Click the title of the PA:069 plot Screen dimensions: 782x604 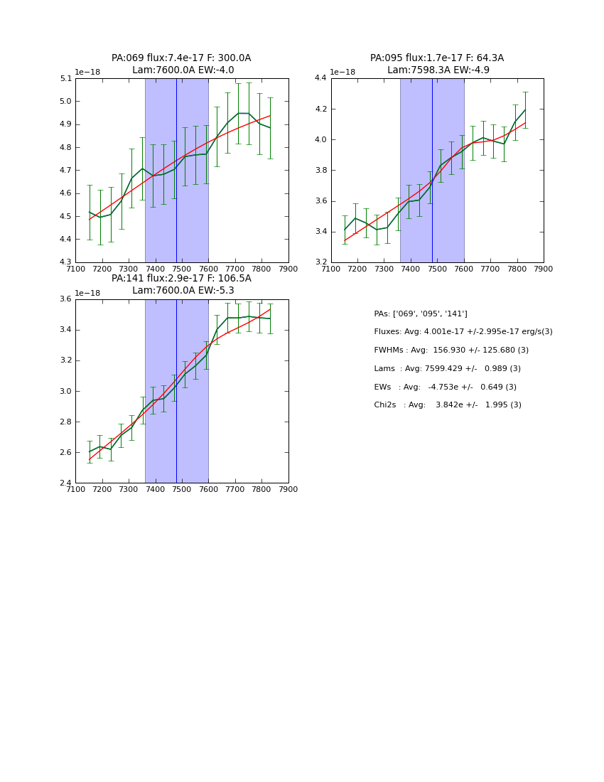click(181, 64)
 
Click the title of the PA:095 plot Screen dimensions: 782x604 click(437, 64)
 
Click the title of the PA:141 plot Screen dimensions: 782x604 click(181, 284)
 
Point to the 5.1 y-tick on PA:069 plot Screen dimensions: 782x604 click(65, 79)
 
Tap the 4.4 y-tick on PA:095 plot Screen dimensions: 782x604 click(321, 79)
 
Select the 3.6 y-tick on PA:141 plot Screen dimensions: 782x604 click(65, 299)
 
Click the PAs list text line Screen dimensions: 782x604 click(421, 314)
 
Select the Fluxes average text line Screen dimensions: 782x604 click(463, 332)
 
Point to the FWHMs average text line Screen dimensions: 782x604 click(451, 350)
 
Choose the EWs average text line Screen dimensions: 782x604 click(445, 387)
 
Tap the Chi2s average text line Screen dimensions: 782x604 click(447, 405)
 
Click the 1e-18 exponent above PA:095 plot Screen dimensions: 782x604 click(343, 73)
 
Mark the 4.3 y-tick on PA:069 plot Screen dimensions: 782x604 click(65, 262)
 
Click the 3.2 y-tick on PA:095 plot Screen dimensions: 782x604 click(321, 262)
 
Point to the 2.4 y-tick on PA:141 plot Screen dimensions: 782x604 click(65, 483)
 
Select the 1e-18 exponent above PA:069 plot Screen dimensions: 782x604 click(87, 73)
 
